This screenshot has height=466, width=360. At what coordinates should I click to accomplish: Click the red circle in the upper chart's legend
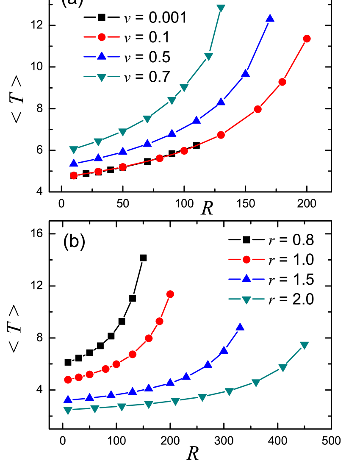click(x=102, y=37)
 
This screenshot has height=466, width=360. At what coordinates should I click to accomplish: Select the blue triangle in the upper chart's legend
click(x=102, y=56)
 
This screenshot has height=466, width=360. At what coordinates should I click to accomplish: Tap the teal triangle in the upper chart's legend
click(x=102, y=77)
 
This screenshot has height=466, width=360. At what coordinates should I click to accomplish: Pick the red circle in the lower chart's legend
click(x=246, y=259)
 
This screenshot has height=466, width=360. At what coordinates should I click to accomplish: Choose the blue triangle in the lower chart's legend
click(x=246, y=279)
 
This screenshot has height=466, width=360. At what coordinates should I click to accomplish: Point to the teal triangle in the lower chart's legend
click(x=246, y=300)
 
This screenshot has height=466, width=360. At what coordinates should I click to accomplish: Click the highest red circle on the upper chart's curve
click(x=307, y=39)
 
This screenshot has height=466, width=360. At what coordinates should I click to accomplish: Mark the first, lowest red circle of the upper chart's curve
click(x=74, y=175)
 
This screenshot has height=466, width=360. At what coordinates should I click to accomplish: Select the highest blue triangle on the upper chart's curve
click(x=270, y=18)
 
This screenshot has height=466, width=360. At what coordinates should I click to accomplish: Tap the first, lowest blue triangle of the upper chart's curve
click(x=74, y=163)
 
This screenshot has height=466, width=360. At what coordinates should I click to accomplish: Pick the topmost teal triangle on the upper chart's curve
click(x=221, y=8)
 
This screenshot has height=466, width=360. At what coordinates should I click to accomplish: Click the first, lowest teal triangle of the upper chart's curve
click(x=74, y=150)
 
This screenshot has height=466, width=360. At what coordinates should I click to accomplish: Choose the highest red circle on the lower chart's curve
click(x=170, y=294)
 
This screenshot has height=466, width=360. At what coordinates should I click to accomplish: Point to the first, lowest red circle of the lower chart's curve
click(x=68, y=380)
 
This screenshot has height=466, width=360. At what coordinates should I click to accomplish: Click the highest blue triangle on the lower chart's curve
click(x=240, y=327)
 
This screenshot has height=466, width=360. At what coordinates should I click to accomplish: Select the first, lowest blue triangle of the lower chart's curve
click(x=68, y=399)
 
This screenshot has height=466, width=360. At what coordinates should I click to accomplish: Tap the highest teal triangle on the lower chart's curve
click(x=304, y=345)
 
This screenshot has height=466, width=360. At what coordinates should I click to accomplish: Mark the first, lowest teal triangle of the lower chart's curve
click(x=68, y=410)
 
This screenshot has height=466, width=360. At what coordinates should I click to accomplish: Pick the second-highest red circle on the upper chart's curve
click(x=282, y=82)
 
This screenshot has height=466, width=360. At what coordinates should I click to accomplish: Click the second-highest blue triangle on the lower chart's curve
click(x=224, y=350)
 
